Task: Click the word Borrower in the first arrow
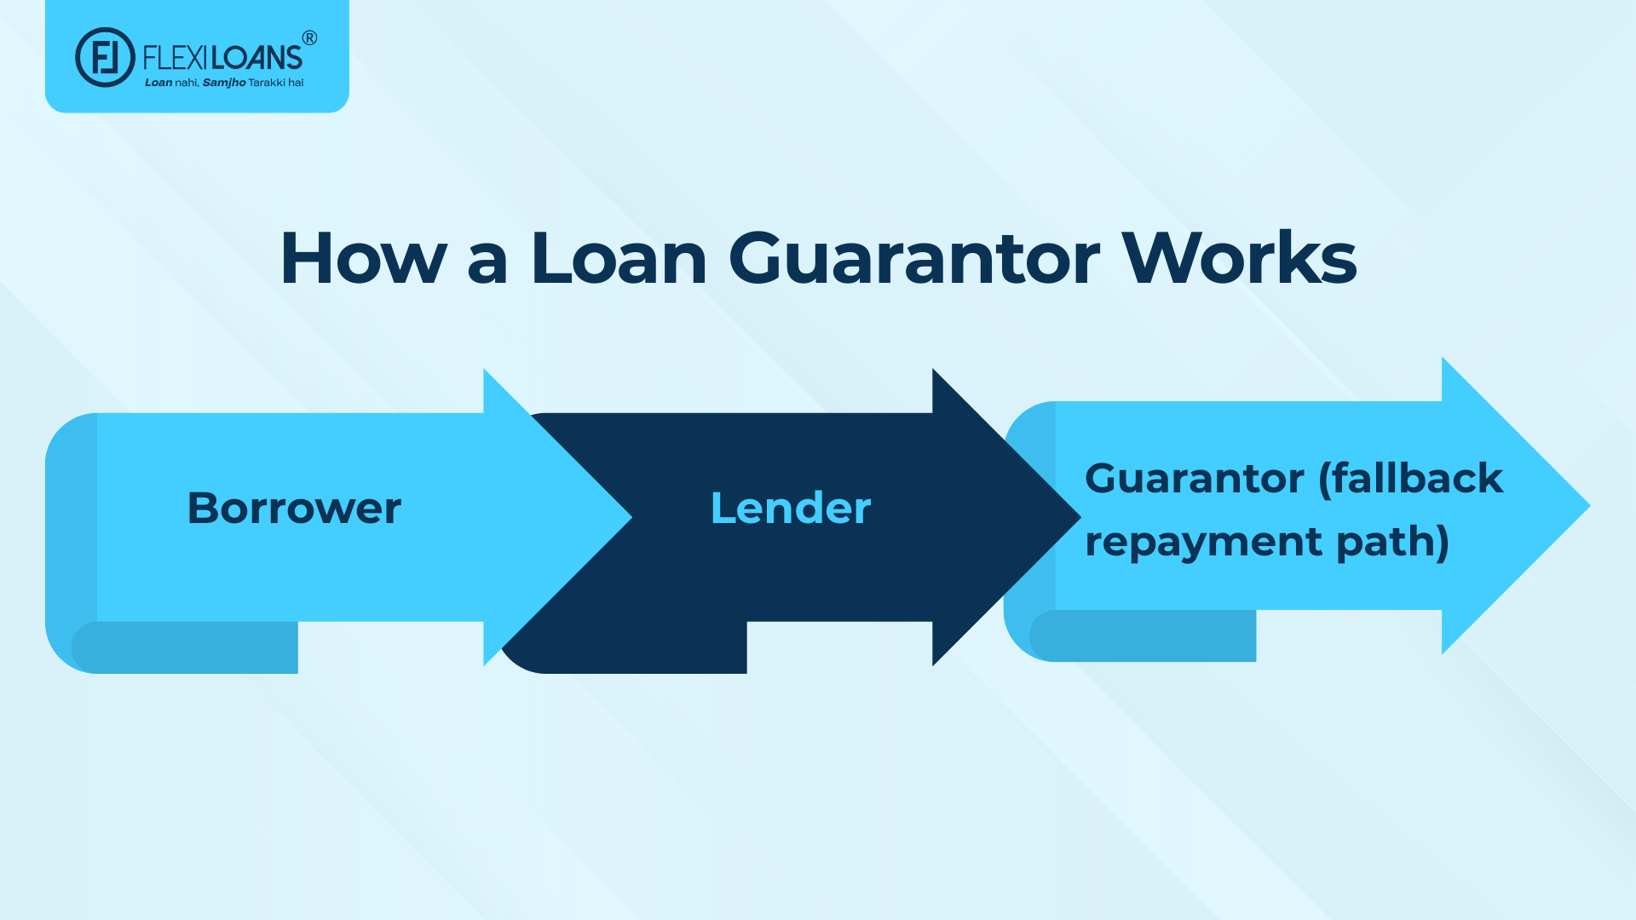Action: click(x=294, y=509)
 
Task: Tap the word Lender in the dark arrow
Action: click(x=791, y=509)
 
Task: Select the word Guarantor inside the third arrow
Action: click(x=1194, y=478)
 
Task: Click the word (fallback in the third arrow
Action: click(x=1410, y=478)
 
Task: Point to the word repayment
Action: click(x=1203, y=543)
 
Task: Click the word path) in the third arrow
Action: click(x=1392, y=543)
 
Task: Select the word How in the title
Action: click(x=363, y=258)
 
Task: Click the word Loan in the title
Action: click(x=619, y=258)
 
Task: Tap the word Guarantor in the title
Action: click(x=914, y=258)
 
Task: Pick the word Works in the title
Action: click(x=1239, y=258)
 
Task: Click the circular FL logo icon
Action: click(x=105, y=57)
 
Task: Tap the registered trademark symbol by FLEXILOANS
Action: click(x=310, y=37)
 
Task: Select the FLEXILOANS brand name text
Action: click(x=222, y=58)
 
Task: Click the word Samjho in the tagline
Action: click(x=224, y=83)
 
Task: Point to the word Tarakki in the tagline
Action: click(x=267, y=83)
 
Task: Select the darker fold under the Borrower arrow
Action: click(x=187, y=647)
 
